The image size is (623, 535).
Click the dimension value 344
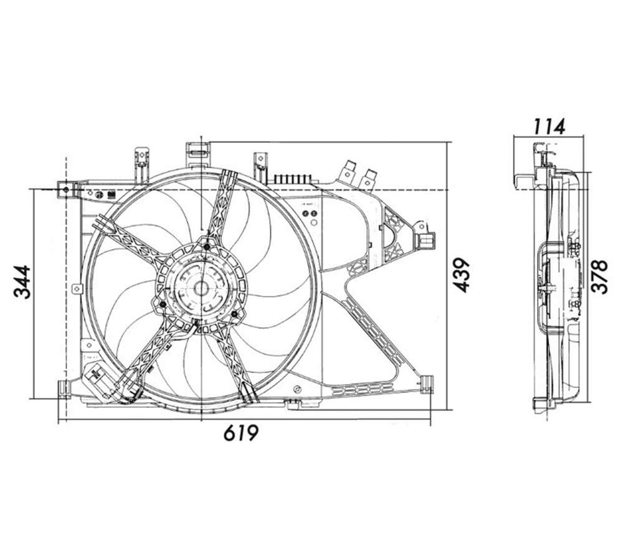point(22,282)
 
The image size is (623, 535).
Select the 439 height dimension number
point(462,275)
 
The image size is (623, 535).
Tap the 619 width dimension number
point(241,432)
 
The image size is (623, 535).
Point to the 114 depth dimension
point(549,127)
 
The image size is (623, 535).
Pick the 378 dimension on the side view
point(599,277)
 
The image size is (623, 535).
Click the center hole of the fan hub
point(201,288)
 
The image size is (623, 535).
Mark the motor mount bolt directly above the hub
point(206,247)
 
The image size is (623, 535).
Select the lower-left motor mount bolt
point(163,305)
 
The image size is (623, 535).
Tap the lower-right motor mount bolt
point(234,314)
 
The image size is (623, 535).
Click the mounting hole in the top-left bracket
point(66,190)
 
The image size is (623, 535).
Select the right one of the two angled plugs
point(369,178)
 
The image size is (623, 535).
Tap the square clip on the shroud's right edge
point(426,240)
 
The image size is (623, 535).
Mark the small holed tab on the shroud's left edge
point(77,288)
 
